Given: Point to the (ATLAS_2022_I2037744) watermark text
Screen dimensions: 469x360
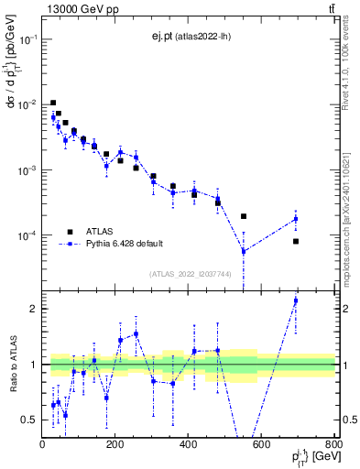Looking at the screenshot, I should (x=190, y=274).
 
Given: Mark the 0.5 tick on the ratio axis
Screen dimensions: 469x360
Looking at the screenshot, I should (x=29, y=420).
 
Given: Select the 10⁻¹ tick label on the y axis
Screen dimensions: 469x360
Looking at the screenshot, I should (x=27, y=39).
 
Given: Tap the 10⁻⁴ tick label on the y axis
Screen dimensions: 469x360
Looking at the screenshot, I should (x=27, y=236).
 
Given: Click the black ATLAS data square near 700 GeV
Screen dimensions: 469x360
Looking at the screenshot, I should (x=296, y=241).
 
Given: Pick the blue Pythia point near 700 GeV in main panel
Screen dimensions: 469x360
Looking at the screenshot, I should (x=296, y=219).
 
